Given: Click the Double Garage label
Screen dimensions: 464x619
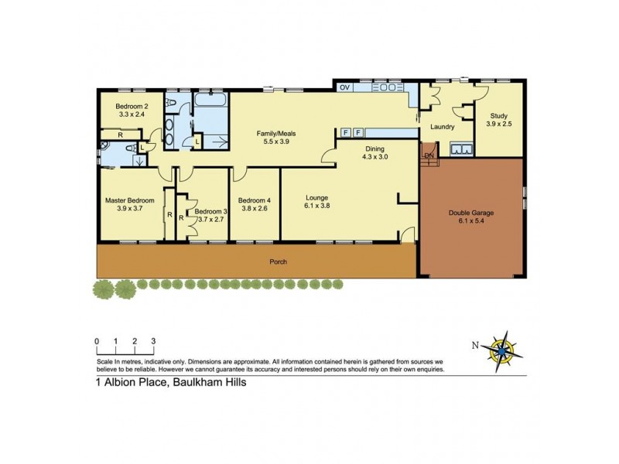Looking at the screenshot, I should click(x=471, y=213).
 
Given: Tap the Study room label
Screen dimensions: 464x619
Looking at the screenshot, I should click(x=498, y=115).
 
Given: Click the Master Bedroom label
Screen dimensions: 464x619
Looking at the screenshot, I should click(x=130, y=200).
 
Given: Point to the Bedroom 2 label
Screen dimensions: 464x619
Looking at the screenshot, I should click(x=132, y=106).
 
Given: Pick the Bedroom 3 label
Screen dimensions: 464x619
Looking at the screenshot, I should click(x=210, y=211).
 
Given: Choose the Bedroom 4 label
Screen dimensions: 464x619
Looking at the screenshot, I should click(x=255, y=199).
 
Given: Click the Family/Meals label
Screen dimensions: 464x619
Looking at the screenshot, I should click(x=276, y=134).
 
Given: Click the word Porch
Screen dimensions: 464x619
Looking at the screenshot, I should click(x=279, y=261).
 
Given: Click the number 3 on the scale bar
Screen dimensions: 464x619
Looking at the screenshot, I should click(x=153, y=341).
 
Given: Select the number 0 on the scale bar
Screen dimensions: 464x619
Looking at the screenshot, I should click(x=97, y=341).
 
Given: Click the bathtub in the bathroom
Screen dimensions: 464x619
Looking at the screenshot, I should click(x=208, y=101).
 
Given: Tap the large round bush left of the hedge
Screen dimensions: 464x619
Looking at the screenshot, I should click(x=101, y=288).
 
